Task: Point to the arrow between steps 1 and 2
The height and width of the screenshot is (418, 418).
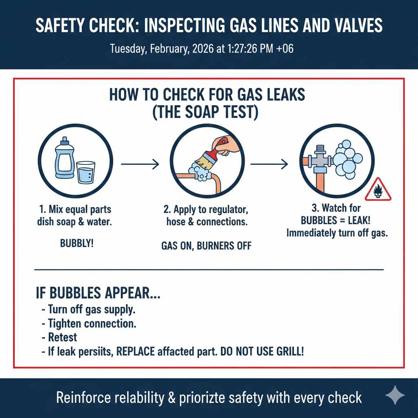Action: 140,165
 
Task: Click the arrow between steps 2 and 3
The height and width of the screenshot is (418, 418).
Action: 269,165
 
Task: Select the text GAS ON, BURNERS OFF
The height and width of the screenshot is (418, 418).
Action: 206,246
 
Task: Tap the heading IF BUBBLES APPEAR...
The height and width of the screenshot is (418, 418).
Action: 98,294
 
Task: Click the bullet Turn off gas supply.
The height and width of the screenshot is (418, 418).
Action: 91,309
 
